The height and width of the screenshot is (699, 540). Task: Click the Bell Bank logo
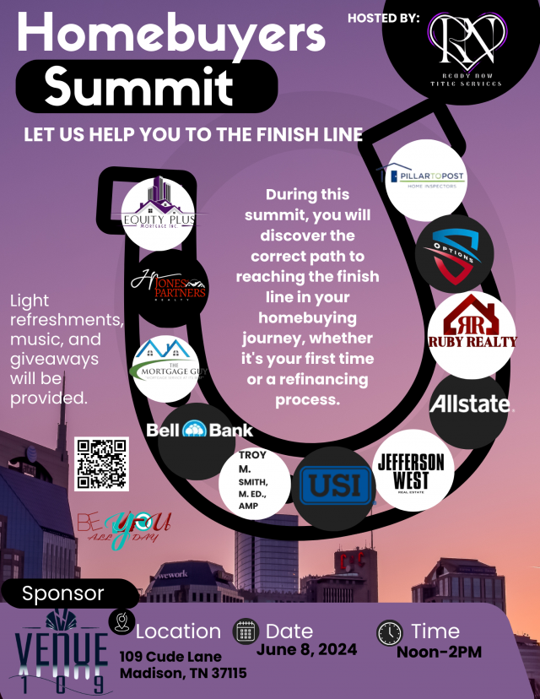coord(199,430)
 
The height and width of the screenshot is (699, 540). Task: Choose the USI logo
coord(336,488)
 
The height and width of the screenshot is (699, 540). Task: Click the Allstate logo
coord(470,404)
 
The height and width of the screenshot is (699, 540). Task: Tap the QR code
coord(101,463)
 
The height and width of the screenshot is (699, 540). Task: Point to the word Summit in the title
coord(138,86)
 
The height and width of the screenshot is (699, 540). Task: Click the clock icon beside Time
coord(389,632)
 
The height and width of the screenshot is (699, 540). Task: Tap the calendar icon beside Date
coord(245,631)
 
